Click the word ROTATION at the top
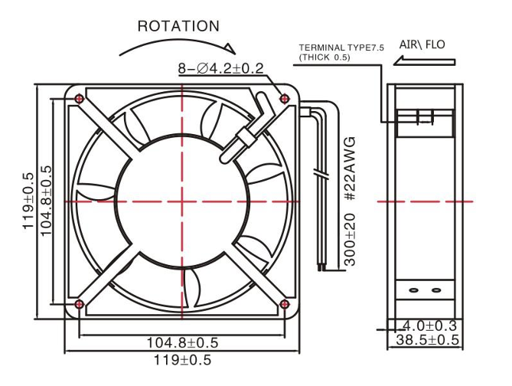[178, 26]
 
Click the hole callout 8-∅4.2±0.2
[220, 69]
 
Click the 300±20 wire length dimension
[350, 240]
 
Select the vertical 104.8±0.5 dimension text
[47, 201]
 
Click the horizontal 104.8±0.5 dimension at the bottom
[182, 342]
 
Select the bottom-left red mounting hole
[79, 304]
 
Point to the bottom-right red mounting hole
[285, 304]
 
